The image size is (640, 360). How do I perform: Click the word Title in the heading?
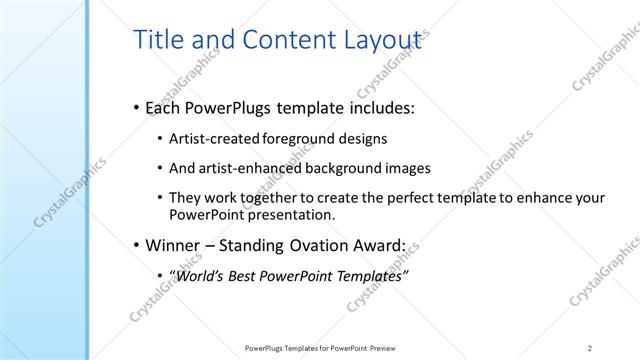tap(155, 40)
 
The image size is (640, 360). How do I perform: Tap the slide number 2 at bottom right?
tap(589, 347)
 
